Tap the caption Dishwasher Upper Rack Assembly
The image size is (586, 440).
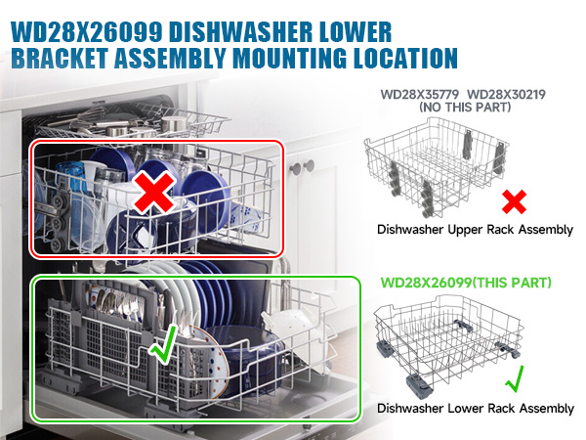click(475, 231)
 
